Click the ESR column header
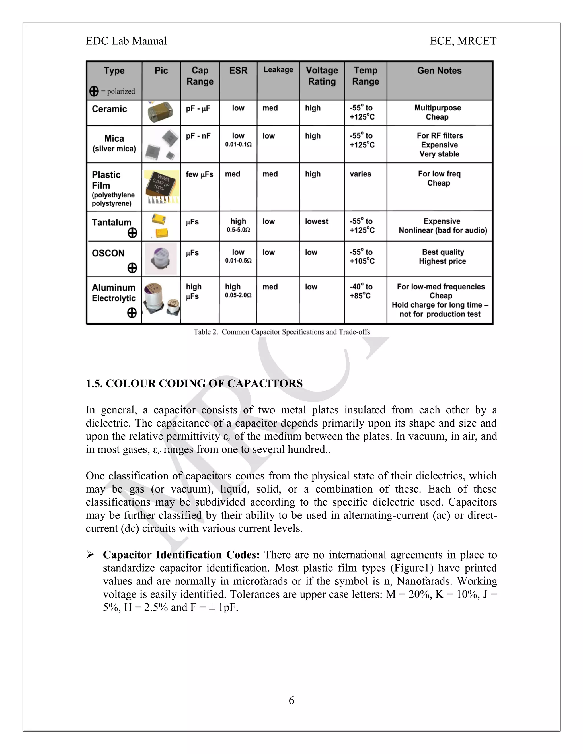pyautogui.click(x=238, y=71)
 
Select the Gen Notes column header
pyautogui.click(x=439, y=71)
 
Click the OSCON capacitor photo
pyautogui.click(x=161, y=259)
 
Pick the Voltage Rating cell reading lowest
pyautogui.click(x=316, y=221)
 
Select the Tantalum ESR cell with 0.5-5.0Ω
pyautogui.click(x=238, y=225)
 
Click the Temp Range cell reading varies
pyautogui.click(x=360, y=174)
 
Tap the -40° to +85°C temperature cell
pyautogui.click(x=361, y=291)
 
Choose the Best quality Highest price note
pyautogui.click(x=442, y=257)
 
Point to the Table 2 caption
pyautogui.click(x=282, y=332)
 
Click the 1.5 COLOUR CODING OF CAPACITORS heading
pyautogui.click(x=194, y=384)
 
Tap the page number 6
pyautogui.click(x=291, y=700)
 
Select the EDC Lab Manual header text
pyautogui.click(x=126, y=41)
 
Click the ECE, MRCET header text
pyautogui.click(x=463, y=41)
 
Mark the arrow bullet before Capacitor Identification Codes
pyautogui.click(x=90, y=555)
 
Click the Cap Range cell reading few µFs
pyautogui.click(x=199, y=174)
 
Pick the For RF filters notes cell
pyautogui.click(x=439, y=145)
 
